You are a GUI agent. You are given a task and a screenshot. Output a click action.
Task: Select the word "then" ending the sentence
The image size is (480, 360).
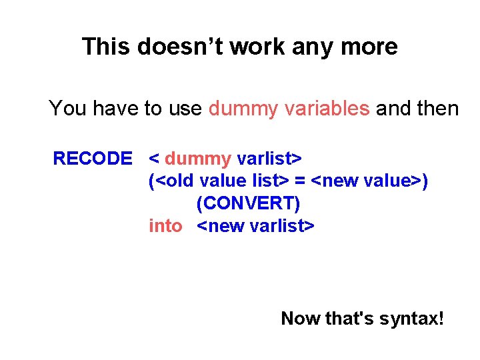[x=438, y=108]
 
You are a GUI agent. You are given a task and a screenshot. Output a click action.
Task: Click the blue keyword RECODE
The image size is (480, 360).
[x=93, y=159]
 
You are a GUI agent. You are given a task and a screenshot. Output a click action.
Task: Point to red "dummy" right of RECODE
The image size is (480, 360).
[x=197, y=159]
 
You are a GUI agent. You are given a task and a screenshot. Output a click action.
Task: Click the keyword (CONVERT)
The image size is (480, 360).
[x=248, y=203]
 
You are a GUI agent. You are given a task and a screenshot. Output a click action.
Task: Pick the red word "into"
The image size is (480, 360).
[x=165, y=226]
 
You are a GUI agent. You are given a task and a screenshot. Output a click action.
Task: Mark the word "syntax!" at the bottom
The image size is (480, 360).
[x=411, y=319]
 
